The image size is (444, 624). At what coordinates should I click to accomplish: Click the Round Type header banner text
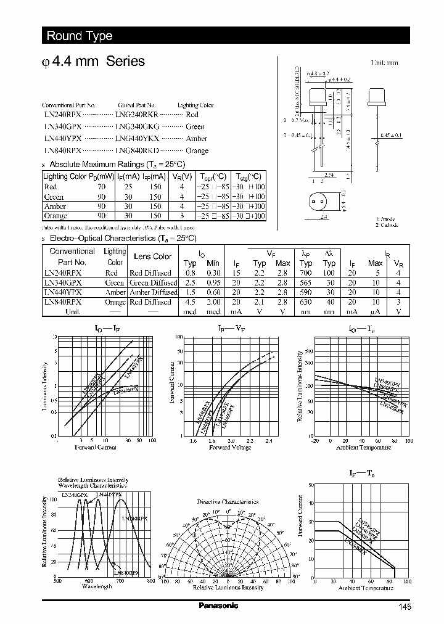point(80,36)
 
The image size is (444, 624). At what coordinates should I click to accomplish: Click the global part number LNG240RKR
point(137,115)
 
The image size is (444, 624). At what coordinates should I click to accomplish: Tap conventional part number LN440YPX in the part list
point(62,139)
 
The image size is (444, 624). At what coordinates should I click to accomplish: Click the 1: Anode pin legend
point(385,219)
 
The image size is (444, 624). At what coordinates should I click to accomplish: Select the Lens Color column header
point(153,257)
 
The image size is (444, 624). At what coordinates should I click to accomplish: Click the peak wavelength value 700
point(306,273)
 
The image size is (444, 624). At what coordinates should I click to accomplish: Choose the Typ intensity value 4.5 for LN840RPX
point(191,302)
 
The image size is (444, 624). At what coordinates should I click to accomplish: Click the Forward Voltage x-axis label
point(230,447)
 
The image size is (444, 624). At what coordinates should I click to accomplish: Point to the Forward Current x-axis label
point(96,447)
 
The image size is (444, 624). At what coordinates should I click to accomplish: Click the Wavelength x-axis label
point(97,586)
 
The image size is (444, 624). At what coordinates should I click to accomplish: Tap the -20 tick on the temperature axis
point(315,441)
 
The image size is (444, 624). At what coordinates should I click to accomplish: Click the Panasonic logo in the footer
point(218,606)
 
